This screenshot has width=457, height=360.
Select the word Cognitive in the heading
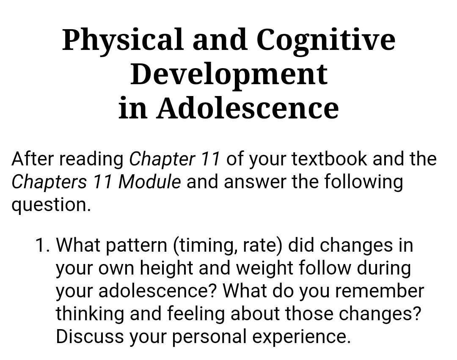coord(325,41)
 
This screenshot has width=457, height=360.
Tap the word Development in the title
coord(229,75)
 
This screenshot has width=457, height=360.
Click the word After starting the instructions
coord(33,159)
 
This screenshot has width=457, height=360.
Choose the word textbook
coord(329,159)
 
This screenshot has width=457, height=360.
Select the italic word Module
coord(149,182)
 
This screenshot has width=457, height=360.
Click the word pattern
coord(136,245)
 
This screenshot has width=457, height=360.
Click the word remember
coord(380,291)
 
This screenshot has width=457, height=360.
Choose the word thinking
coord(90,314)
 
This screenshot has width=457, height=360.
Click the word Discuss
coord(90,336)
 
